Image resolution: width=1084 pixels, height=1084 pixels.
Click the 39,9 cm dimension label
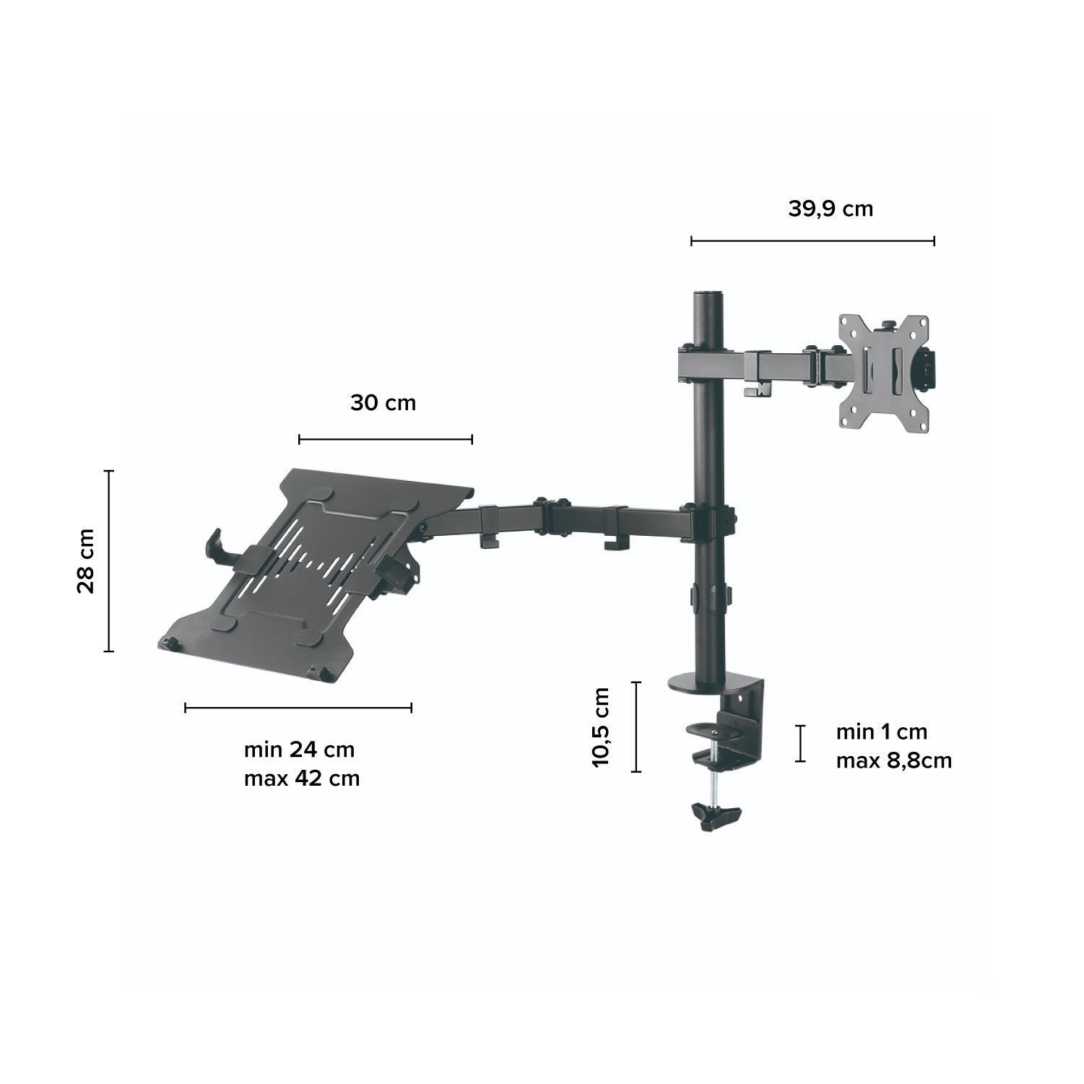[x=831, y=209]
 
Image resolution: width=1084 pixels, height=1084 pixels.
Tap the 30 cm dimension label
[x=383, y=403]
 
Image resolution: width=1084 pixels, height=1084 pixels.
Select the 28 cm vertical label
[x=85, y=561]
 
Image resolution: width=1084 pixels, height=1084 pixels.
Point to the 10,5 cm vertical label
[x=601, y=727]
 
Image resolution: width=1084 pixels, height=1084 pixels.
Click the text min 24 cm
[x=300, y=749]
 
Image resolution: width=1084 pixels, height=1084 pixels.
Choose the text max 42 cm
[x=302, y=779]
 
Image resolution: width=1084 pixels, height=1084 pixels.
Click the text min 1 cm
[x=881, y=732]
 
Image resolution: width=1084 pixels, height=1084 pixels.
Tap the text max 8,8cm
[x=894, y=760]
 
